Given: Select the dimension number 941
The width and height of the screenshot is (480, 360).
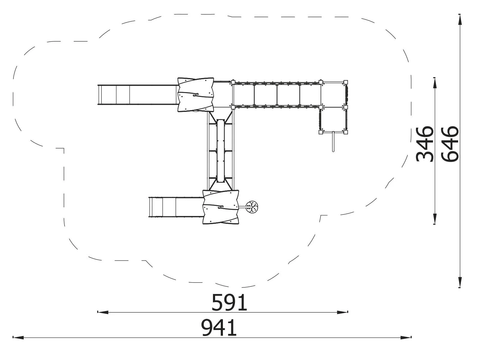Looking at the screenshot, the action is [x=219, y=328].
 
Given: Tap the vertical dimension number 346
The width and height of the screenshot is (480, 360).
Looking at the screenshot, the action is [x=424, y=144].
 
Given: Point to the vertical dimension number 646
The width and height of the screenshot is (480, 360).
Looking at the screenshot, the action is [x=450, y=144].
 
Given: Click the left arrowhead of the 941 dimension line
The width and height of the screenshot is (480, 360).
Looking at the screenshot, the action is [x=18, y=338].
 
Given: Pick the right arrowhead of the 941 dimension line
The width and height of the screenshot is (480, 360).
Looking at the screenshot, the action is [x=406, y=338].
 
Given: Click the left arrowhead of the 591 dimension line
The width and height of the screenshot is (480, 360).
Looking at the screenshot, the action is [x=103, y=312].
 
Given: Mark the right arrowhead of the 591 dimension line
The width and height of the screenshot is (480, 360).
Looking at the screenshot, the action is [x=343, y=312].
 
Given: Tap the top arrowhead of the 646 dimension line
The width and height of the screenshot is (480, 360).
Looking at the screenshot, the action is [x=460, y=20].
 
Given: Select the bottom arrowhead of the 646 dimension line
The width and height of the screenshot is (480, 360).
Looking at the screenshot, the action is [x=460, y=282].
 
